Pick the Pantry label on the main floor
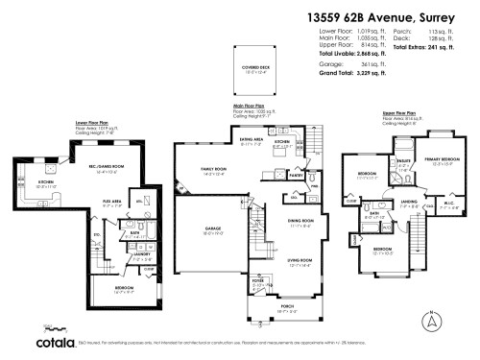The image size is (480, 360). click(296, 176)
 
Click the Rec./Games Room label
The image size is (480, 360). click(103, 168)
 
